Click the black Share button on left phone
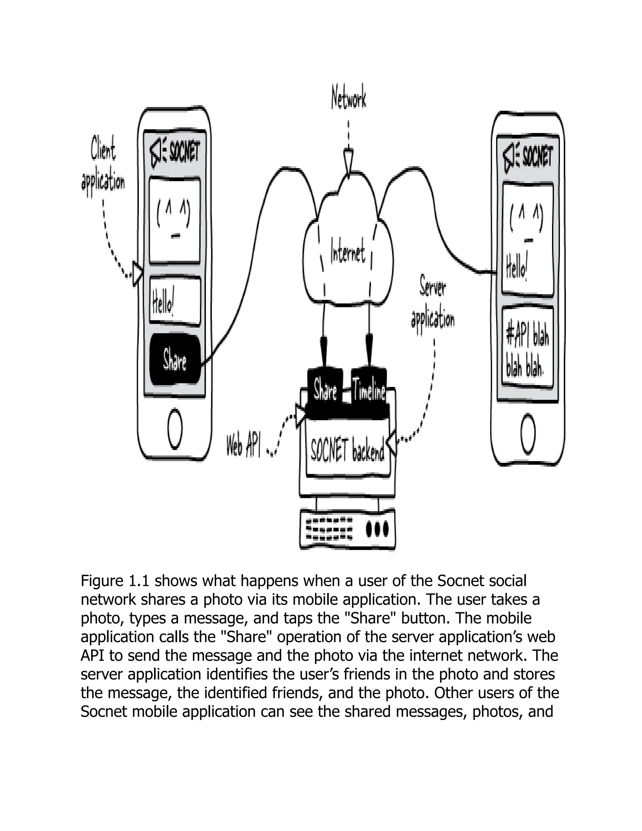(175, 360)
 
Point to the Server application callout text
(433, 306)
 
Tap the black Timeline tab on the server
(369, 390)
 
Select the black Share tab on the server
(325, 390)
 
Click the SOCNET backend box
(348, 451)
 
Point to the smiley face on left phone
(174, 221)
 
